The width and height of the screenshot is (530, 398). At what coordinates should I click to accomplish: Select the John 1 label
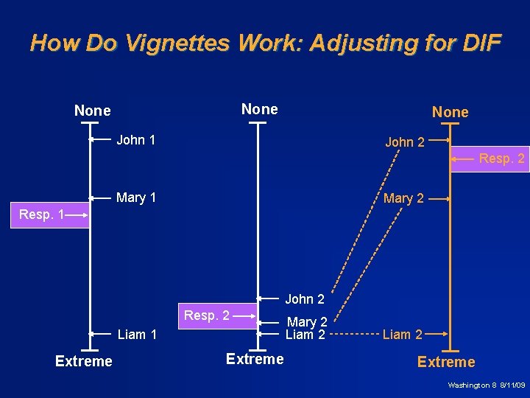click(136, 140)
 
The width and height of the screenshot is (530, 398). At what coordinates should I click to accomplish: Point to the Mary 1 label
click(136, 198)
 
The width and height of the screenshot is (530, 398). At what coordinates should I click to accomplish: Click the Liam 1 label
click(137, 335)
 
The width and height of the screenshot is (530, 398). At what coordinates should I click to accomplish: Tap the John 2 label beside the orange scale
click(405, 142)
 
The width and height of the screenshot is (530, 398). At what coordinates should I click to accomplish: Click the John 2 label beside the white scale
click(305, 299)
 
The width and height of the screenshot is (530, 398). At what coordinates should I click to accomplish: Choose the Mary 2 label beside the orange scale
click(403, 198)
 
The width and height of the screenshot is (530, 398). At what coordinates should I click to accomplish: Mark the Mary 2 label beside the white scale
click(307, 322)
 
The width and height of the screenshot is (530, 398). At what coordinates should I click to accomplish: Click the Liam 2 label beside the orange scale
click(402, 335)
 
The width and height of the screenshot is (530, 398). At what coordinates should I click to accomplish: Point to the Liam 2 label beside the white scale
click(305, 335)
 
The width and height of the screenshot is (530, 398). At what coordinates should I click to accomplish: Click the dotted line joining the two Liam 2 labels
click(354, 335)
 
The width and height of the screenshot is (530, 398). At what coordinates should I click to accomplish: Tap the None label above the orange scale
click(450, 112)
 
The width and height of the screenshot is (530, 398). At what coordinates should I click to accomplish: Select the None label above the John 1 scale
click(93, 111)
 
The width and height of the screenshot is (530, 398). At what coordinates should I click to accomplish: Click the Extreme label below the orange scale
click(446, 362)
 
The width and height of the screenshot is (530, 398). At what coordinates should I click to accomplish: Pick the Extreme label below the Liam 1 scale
click(84, 361)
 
